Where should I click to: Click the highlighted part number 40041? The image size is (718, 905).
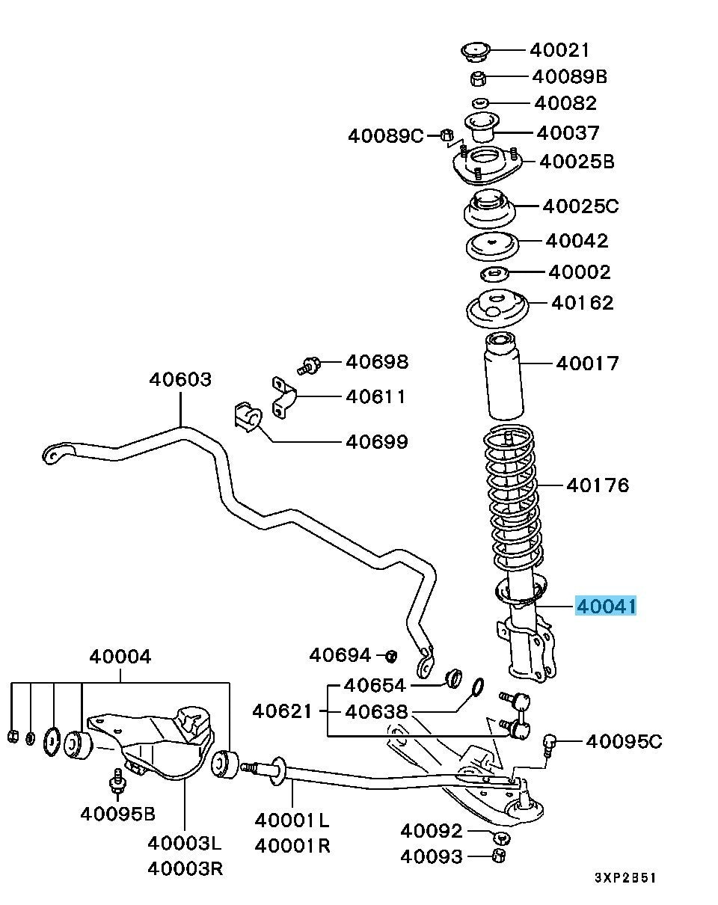[x=606, y=605]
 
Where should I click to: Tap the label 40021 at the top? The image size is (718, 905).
[x=559, y=50]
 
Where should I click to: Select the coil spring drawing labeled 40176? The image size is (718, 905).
[x=512, y=497]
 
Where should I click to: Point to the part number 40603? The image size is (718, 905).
[x=179, y=379]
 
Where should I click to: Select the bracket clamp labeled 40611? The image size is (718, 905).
[x=283, y=397]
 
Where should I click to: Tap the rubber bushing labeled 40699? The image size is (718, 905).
[x=245, y=417]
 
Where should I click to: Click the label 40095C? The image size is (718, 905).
[x=624, y=741]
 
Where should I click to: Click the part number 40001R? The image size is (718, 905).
[x=292, y=846]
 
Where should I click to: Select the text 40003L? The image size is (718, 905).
[x=184, y=844]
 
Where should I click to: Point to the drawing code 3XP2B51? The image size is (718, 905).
[x=625, y=877]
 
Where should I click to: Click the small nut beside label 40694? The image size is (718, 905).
[x=390, y=656]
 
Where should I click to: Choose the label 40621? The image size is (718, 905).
[x=281, y=711]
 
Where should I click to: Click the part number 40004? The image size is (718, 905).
[x=120, y=657]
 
